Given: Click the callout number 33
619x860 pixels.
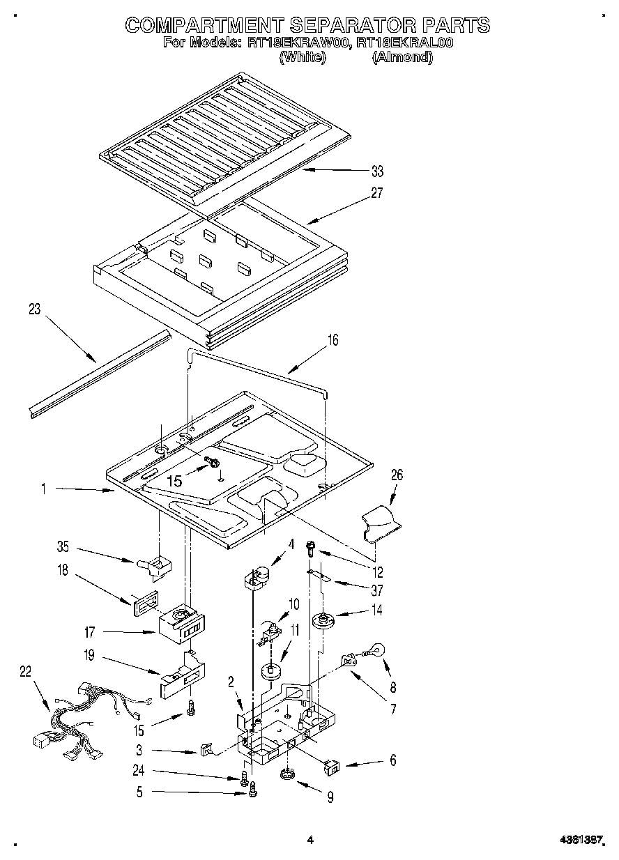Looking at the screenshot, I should pos(377,171).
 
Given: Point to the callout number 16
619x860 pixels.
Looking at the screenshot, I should pos(333,340).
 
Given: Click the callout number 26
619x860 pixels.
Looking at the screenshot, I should pos(397,475).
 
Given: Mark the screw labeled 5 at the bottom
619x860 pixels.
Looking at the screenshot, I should pos(252,790).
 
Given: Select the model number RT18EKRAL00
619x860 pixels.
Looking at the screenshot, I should pos(405,43).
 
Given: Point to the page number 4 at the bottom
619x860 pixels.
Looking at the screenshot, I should pos(310,840).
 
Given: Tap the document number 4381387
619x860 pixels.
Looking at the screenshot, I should pos(581,841).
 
